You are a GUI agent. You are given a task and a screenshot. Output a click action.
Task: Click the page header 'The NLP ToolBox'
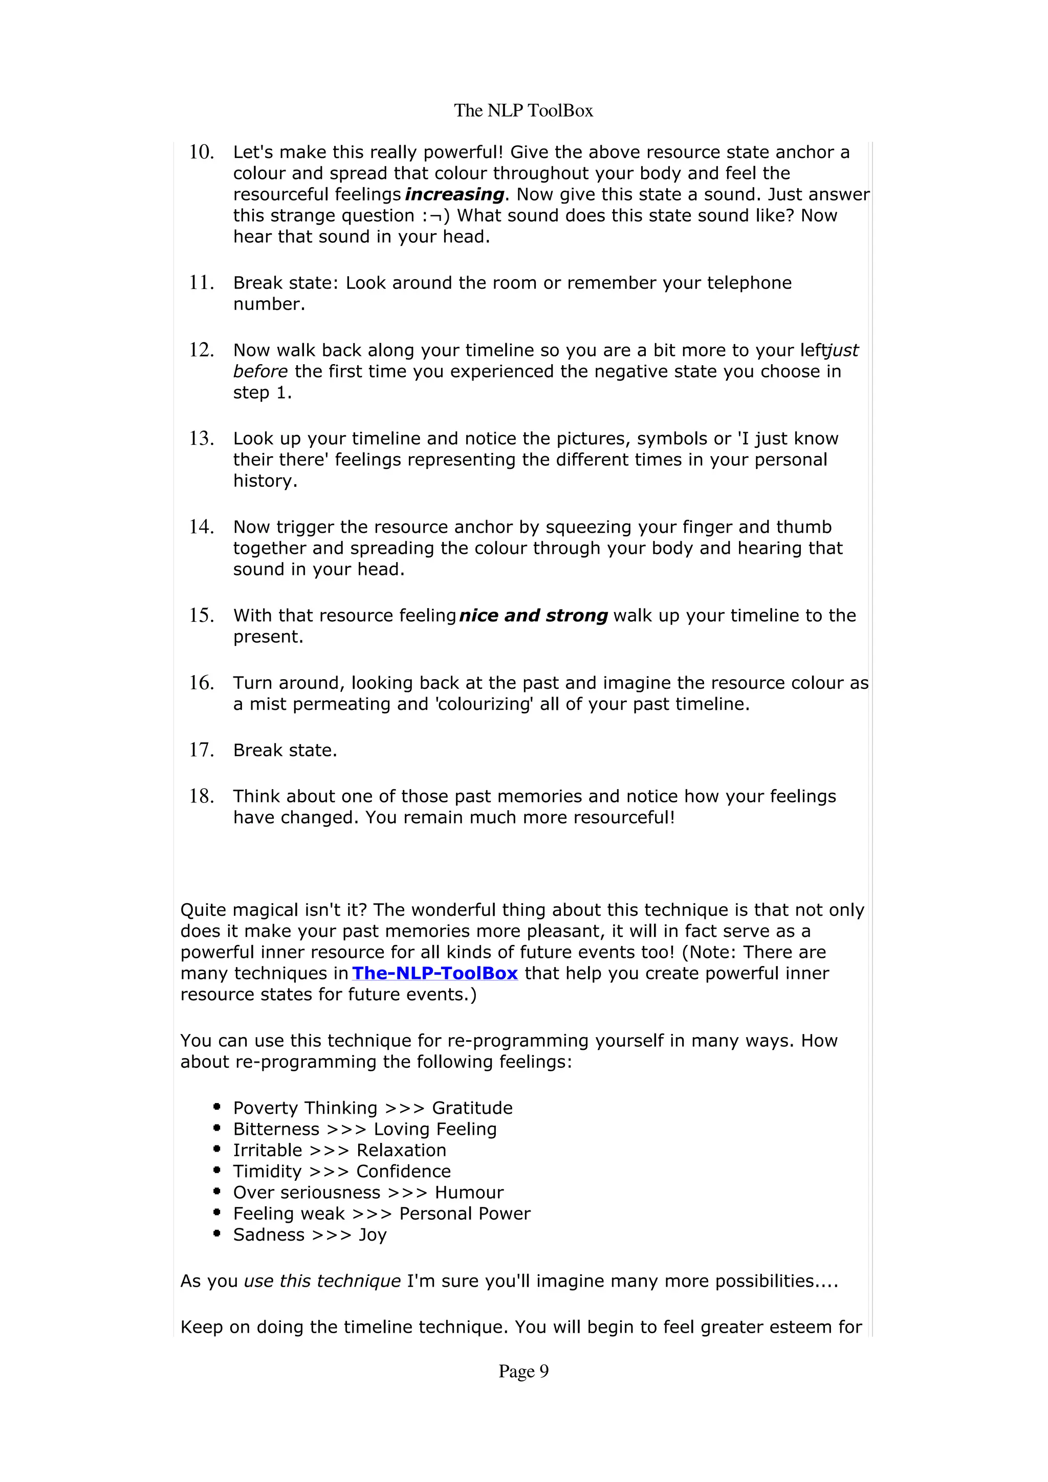(523, 110)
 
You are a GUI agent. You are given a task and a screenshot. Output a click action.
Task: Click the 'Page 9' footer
(523, 1371)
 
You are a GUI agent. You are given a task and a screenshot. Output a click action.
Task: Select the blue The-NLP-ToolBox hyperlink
(434, 973)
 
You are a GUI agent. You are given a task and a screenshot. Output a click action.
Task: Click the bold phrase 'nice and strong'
(533, 616)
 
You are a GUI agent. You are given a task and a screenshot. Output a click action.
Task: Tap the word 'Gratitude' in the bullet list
(472, 1108)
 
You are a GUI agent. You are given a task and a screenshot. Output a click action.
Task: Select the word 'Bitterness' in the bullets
(276, 1130)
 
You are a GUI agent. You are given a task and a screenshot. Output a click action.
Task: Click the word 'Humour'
(469, 1193)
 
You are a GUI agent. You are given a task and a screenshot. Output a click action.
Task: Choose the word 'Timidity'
(267, 1172)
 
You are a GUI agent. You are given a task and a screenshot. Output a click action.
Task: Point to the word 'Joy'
(373, 1236)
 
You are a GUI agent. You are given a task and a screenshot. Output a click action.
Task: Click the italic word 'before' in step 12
(260, 372)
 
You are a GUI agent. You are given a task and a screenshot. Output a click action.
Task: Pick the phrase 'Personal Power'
(465, 1214)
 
